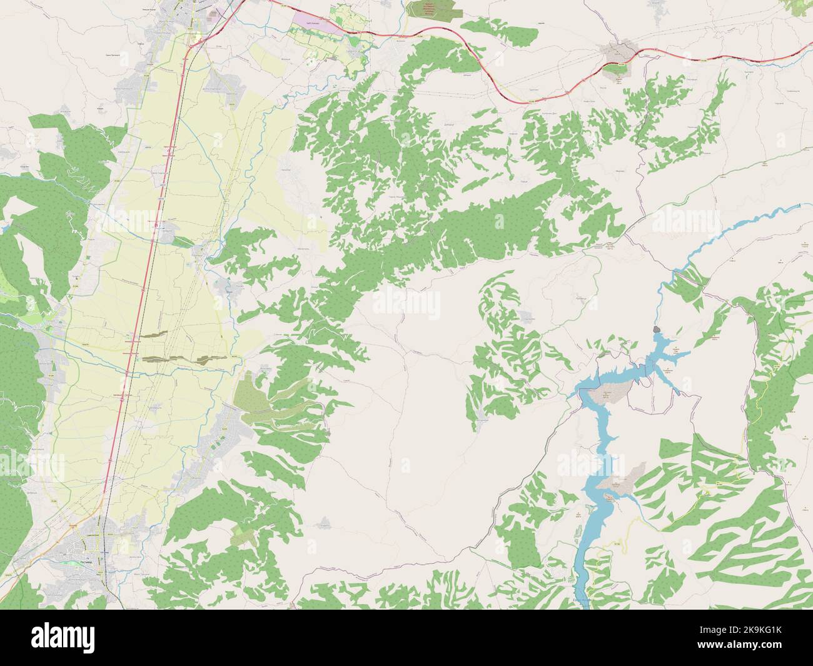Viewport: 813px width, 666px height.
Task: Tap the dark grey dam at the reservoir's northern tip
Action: pos(656,329)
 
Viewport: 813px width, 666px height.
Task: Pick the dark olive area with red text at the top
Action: pos(434,9)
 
